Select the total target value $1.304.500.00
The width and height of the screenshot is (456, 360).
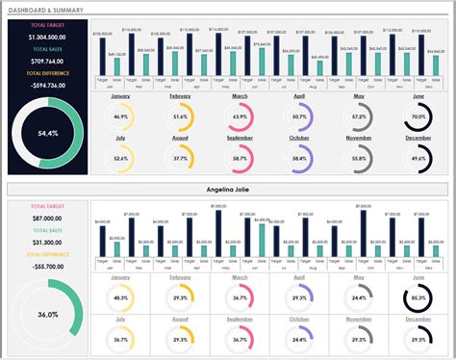point(48,36)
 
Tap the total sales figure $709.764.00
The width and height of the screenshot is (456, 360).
point(48,61)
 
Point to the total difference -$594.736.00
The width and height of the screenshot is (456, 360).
point(48,85)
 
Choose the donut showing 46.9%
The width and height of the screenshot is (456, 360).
point(120,116)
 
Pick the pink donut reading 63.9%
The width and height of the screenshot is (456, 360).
point(240,116)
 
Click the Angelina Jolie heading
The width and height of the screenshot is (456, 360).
point(227,189)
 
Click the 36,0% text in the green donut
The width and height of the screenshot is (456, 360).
point(48,314)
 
